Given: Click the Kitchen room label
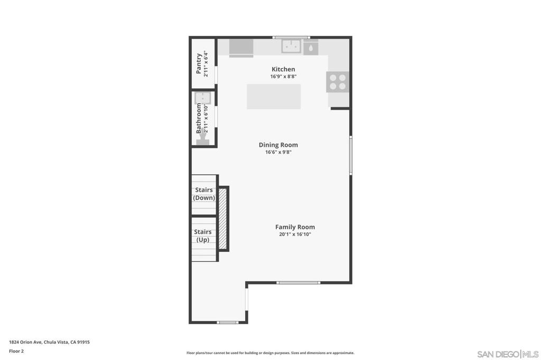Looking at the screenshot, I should click(x=283, y=69).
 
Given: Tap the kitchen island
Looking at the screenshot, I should click(x=274, y=97).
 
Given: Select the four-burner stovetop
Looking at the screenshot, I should click(x=338, y=82).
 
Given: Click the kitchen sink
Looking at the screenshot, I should click(x=291, y=46).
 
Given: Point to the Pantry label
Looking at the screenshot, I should click(x=199, y=63).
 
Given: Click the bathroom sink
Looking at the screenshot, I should click(x=203, y=98).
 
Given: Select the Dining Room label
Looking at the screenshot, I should click(x=278, y=145).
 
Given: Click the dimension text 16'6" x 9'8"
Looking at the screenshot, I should click(x=278, y=152).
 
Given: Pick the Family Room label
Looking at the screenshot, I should click(x=295, y=227).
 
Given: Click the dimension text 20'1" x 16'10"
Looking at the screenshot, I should click(x=295, y=234).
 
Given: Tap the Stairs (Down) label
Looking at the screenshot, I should click(x=204, y=194).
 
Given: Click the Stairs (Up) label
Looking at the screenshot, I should click(x=203, y=235).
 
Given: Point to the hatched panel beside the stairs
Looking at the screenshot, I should click(x=223, y=219).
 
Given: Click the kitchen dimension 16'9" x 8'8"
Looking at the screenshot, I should click(x=283, y=77).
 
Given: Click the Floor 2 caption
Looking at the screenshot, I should click(x=16, y=350).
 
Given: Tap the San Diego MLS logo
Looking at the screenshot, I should click(x=508, y=354).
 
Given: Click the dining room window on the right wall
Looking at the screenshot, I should click(x=350, y=155).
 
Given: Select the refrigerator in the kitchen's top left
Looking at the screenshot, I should click(x=241, y=46).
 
